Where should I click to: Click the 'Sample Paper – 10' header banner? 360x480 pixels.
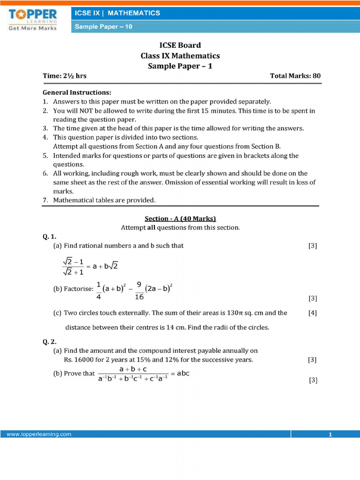(x=104, y=27)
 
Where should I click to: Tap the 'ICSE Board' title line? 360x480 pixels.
(x=180, y=45)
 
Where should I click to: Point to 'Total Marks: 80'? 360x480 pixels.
(x=295, y=76)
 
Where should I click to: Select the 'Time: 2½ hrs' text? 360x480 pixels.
(x=65, y=76)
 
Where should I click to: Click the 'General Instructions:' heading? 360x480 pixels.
(x=77, y=92)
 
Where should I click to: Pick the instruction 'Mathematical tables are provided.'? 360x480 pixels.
(x=104, y=200)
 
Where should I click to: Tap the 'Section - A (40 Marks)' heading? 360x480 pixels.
(x=180, y=218)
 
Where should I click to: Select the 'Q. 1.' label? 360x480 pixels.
(x=50, y=237)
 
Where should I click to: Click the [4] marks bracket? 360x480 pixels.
(x=312, y=313)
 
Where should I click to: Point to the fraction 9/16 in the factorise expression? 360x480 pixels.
(x=139, y=291)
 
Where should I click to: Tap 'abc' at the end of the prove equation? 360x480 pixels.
(x=183, y=374)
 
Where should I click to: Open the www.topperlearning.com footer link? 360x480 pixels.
(x=39, y=435)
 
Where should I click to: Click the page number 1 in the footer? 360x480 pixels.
(x=330, y=435)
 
